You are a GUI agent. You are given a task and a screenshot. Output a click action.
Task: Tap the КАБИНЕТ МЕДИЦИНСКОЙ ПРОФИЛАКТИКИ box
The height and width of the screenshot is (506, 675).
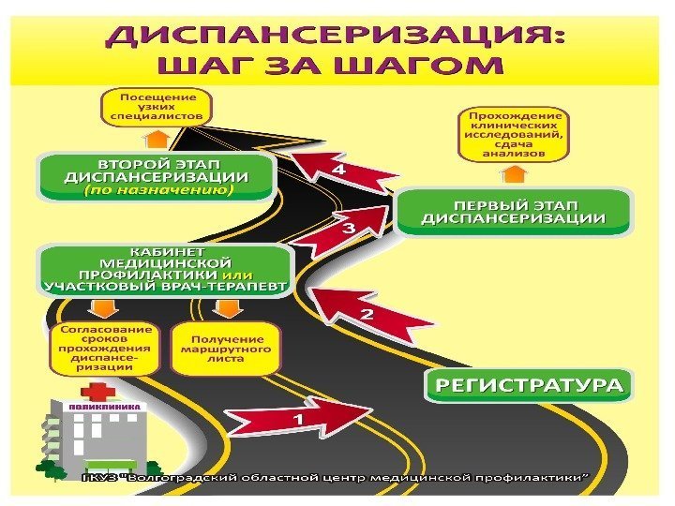click(165, 270)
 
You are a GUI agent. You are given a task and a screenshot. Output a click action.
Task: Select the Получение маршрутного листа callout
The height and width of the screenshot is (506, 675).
click(227, 348)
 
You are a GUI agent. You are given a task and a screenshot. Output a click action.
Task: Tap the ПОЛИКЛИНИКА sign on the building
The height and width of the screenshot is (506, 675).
click(109, 409)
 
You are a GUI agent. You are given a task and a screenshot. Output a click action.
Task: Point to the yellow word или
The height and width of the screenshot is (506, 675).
click(232, 275)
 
